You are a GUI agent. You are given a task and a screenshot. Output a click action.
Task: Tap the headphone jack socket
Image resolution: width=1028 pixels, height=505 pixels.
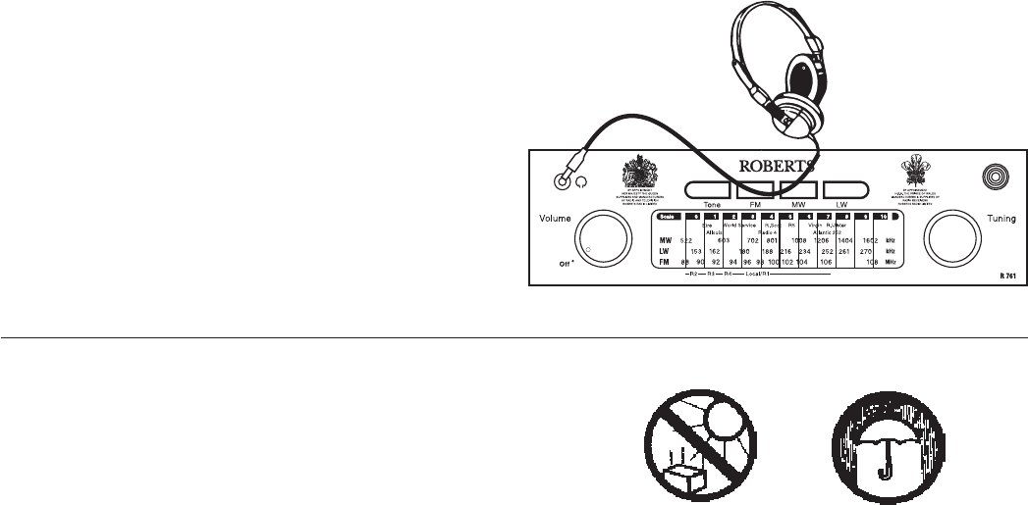click(x=563, y=180)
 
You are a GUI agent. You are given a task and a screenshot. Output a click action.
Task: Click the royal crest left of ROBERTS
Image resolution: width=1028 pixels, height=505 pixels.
click(x=639, y=174)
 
